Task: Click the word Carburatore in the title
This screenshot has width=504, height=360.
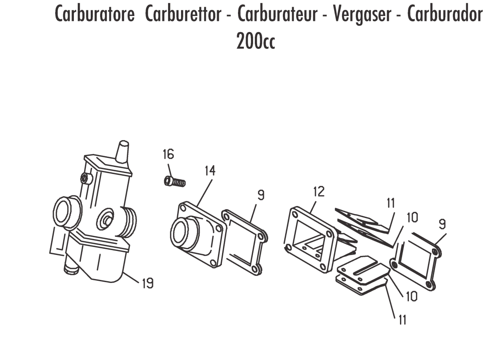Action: pos(94,15)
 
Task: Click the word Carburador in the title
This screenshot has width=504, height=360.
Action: pos(445,15)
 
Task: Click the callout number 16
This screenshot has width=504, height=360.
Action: pos(168,155)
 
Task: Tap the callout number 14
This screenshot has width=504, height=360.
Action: pos(210,170)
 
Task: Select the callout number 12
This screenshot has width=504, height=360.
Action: pos(319,192)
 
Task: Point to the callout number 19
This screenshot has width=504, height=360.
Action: pos(148,283)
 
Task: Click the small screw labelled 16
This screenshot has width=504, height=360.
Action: pos(173,181)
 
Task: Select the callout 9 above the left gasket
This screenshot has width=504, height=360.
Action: pos(261,195)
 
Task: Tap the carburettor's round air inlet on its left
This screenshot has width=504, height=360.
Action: pos(66,213)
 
